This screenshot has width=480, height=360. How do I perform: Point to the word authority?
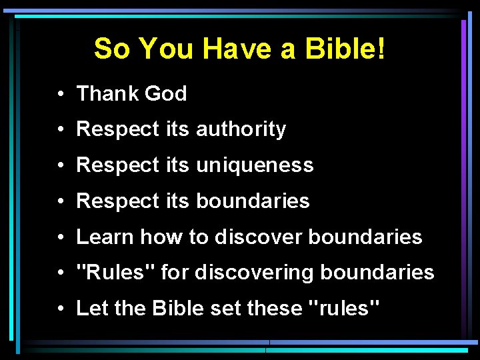pyautogui.click(x=241, y=129)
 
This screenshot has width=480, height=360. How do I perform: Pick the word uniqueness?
pyautogui.click(x=254, y=165)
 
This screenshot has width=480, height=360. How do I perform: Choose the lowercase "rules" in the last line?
pyautogui.click(x=341, y=308)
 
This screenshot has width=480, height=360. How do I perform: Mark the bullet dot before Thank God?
pyautogui.click(x=61, y=95)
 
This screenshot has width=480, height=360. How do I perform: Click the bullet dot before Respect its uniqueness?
pyautogui.click(x=61, y=166)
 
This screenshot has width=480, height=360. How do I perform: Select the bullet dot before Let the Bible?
pyautogui.click(x=61, y=309)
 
